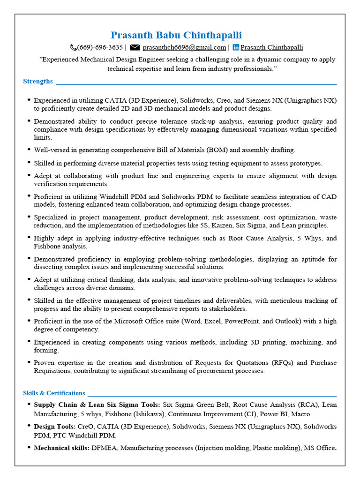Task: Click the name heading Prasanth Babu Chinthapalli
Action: pyautogui.click(x=176, y=35)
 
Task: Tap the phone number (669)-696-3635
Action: pyautogui.click(x=100, y=47)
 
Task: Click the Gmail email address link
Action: pyautogui.click(x=184, y=47)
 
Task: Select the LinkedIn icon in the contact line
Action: pyautogui.click(x=236, y=47)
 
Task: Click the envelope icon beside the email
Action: pyautogui.click(x=135, y=47)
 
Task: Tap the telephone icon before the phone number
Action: pyautogui.click(x=73, y=47)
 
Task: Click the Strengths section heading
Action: pyautogui.click(x=38, y=81)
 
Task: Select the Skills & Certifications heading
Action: pyautogui.click(x=54, y=393)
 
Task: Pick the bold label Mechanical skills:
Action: pyautogui.click(x=62, y=448)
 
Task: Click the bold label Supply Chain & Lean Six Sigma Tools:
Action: pyautogui.click(x=97, y=404)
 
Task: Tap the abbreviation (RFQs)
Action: pyautogui.click(x=280, y=362)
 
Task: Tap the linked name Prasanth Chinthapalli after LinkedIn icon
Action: pyautogui.click(x=272, y=47)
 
